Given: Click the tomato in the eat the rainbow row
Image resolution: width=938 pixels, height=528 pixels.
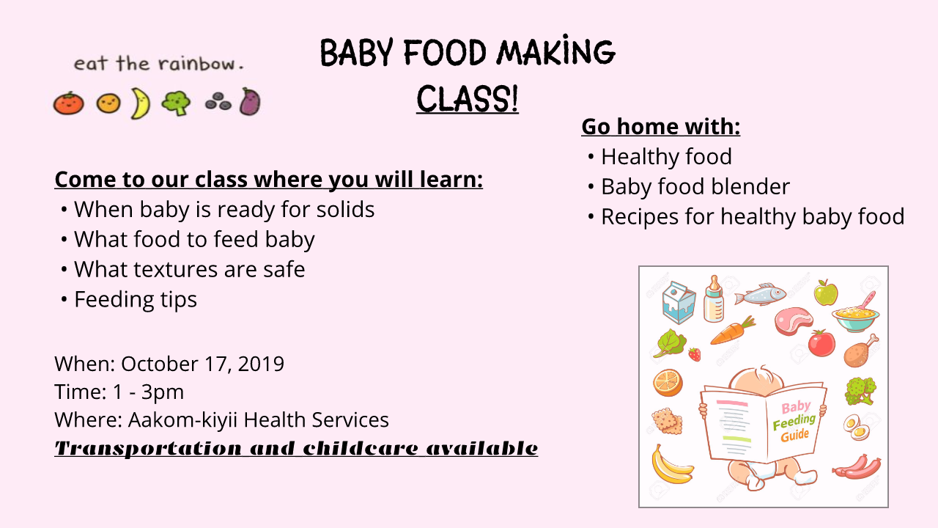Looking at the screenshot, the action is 68,103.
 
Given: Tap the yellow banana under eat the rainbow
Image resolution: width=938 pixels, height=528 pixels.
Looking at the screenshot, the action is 140,103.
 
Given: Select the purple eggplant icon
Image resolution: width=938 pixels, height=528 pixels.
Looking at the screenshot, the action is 250,101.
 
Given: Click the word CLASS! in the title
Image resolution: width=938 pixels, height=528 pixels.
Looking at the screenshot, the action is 468,98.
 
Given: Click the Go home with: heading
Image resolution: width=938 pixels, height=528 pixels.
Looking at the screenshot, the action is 661,126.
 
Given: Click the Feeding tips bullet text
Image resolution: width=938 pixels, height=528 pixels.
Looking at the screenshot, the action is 136,300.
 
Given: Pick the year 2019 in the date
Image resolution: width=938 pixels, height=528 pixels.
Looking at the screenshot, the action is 261,364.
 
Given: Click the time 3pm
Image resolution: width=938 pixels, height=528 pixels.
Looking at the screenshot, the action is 163,392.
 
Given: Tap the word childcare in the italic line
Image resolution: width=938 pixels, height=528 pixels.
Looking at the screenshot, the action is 361,448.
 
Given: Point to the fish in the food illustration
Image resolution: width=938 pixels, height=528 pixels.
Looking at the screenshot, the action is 761,294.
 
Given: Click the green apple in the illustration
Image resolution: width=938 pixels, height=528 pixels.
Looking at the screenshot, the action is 826,293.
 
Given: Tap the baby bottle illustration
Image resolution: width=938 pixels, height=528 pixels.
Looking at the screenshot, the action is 714,299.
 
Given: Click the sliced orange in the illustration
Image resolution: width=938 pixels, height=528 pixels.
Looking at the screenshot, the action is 668,383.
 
